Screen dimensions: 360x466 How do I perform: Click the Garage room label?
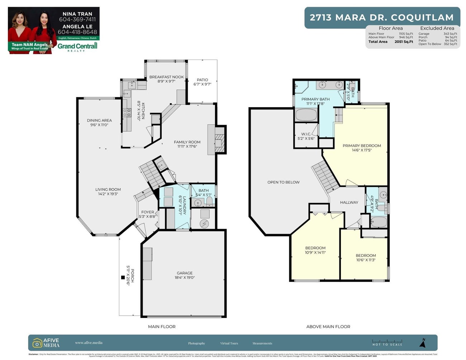point(185,273)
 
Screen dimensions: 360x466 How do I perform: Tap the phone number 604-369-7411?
point(77,19)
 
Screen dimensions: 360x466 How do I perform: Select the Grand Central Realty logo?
point(77,47)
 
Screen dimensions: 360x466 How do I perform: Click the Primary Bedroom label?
point(362,146)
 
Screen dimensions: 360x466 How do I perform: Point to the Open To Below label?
point(283,182)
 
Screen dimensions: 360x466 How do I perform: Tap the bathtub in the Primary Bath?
point(306,115)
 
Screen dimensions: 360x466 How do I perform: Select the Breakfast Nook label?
point(166,77)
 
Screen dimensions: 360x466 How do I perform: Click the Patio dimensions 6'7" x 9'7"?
point(203,84)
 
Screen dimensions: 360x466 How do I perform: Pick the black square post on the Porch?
point(123,277)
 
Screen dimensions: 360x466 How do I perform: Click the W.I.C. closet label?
point(306,134)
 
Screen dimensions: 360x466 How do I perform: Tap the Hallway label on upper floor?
point(349,202)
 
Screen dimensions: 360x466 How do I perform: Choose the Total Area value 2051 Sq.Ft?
point(404,42)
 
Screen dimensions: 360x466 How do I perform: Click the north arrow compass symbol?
point(423,343)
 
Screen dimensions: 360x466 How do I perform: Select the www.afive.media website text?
point(89,342)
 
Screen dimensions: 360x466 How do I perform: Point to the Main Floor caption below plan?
point(162,327)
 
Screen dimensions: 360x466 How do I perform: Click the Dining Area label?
point(99,120)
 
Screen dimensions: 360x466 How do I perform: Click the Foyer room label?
point(147,212)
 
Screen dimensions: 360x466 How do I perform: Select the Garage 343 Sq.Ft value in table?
point(450,34)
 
